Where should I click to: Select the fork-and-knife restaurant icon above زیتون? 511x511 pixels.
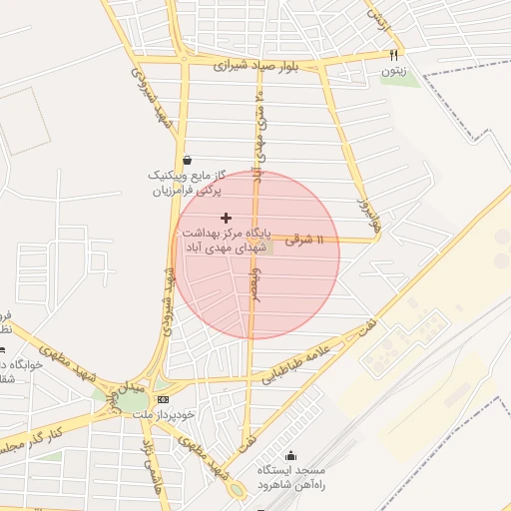[394, 55]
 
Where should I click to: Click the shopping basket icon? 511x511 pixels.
[187, 160]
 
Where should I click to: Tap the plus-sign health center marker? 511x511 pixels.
[226, 217]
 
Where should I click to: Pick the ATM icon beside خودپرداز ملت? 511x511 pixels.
[164, 399]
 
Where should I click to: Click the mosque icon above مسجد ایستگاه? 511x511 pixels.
[290, 456]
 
